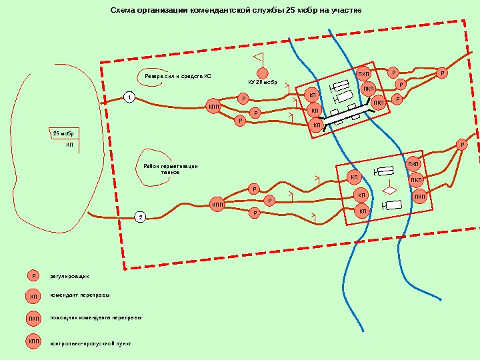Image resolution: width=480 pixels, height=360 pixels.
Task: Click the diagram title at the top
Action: pyautogui.click(x=235, y=11)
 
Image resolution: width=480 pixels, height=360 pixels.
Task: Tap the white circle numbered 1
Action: pyautogui.click(x=129, y=98)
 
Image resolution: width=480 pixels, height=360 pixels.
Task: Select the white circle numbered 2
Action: pyautogui.click(x=141, y=217)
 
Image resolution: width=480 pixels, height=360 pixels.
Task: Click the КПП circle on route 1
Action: pyautogui.click(x=213, y=106)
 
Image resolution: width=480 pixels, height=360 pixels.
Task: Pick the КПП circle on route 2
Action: pyautogui.click(x=217, y=204)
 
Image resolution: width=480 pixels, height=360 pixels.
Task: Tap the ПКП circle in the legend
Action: pyautogui.click(x=33, y=319)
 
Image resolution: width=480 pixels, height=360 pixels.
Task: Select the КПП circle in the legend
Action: pyautogui.click(x=33, y=342)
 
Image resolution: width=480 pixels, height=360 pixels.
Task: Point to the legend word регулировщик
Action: pyautogui.click(x=70, y=275)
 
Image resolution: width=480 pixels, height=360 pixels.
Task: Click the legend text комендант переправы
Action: pyautogui.click(x=80, y=295)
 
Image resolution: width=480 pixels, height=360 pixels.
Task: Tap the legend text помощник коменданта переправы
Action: pyautogui.click(x=96, y=318)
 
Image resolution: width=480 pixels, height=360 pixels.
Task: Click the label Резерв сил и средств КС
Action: pyautogui.click(x=178, y=77)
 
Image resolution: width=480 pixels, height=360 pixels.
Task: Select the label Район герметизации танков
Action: pyautogui.click(x=171, y=169)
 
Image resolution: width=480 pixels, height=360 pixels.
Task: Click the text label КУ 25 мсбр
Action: pyautogui.click(x=262, y=83)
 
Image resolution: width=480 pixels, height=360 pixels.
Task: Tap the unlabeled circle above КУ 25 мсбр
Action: pyautogui.click(x=263, y=73)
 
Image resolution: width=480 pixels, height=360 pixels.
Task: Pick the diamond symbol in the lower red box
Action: pyautogui.click(x=390, y=190)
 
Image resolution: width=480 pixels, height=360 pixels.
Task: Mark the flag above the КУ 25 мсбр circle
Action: pyautogui.click(x=259, y=56)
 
